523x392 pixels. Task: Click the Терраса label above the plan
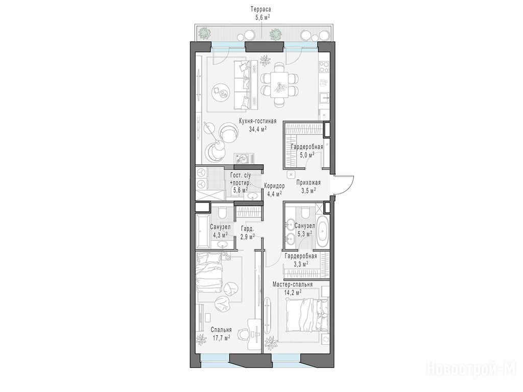coord(260,10)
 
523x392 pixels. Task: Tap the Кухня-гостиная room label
coord(258,121)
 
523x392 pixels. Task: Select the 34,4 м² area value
coord(258,129)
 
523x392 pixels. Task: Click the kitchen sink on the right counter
coord(324,99)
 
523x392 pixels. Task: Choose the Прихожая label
coord(308,182)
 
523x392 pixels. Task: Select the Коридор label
coord(274,186)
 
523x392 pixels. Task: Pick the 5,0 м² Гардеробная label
coord(307,151)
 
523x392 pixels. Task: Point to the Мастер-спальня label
coord(293,285)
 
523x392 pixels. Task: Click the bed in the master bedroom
coord(307,314)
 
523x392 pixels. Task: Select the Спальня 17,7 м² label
coord(221,334)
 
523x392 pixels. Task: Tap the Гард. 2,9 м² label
coord(247,233)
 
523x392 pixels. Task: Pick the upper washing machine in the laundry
coord(201,173)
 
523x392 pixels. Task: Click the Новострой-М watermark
coord(474,370)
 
